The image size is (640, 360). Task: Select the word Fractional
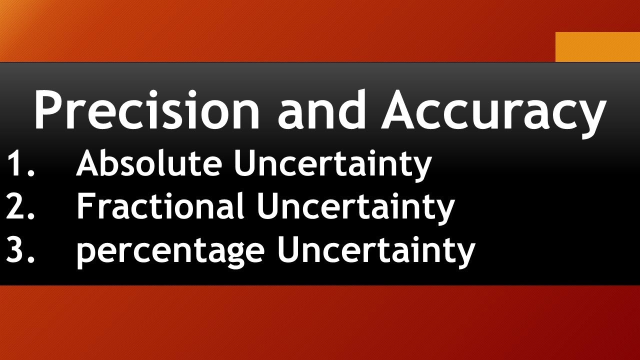point(160,207)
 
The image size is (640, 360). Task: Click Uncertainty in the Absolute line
point(332,164)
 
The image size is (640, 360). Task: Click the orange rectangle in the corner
point(597,46)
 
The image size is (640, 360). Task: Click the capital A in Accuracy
point(402,109)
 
